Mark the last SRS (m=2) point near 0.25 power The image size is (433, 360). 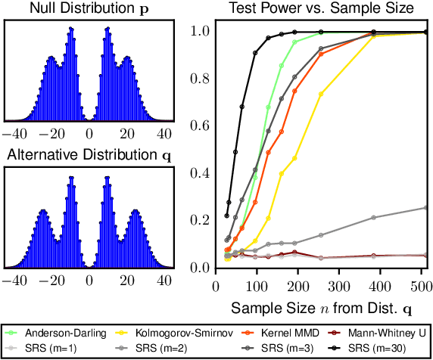click(426, 207)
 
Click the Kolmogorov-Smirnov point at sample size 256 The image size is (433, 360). click(322, 94)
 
